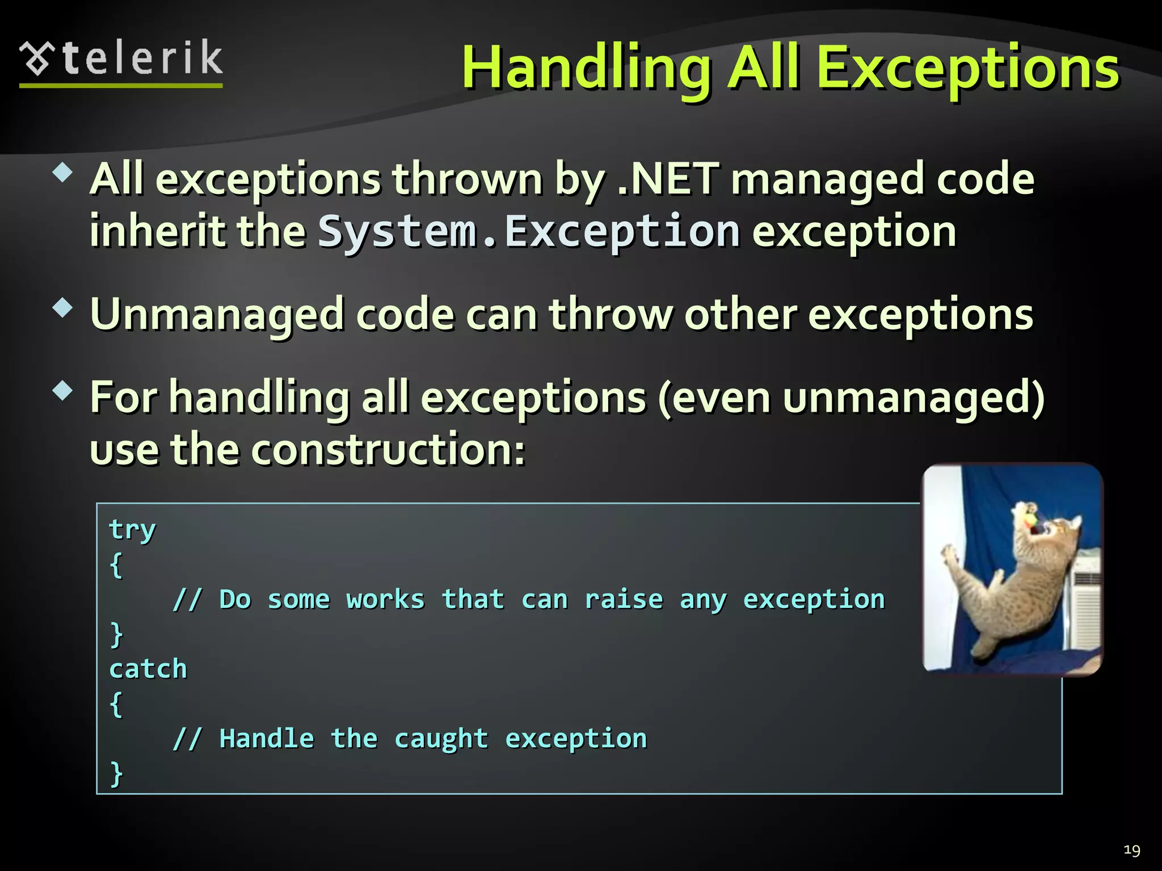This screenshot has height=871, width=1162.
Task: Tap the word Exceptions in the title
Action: [967, 69]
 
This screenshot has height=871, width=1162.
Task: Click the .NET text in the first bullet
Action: [668, 179]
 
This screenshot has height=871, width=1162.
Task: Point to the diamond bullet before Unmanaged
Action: [62, 308]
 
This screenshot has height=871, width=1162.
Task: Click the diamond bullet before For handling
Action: [62, 391]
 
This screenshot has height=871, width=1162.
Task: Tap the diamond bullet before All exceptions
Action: [62, 172]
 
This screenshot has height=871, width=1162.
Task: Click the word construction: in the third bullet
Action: [388, 450]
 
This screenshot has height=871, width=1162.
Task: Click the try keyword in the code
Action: [132, 530]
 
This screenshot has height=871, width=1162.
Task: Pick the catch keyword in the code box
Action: [148, 669]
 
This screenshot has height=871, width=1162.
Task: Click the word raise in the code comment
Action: [624, 599]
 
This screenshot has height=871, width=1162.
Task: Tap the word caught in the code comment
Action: [441, 739]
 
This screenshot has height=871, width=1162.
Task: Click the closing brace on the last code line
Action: [116, 773]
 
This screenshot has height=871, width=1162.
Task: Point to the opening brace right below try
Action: [116, 565]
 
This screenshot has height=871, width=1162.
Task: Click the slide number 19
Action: [1131, 850]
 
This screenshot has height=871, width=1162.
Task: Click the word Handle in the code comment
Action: [267, 739]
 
